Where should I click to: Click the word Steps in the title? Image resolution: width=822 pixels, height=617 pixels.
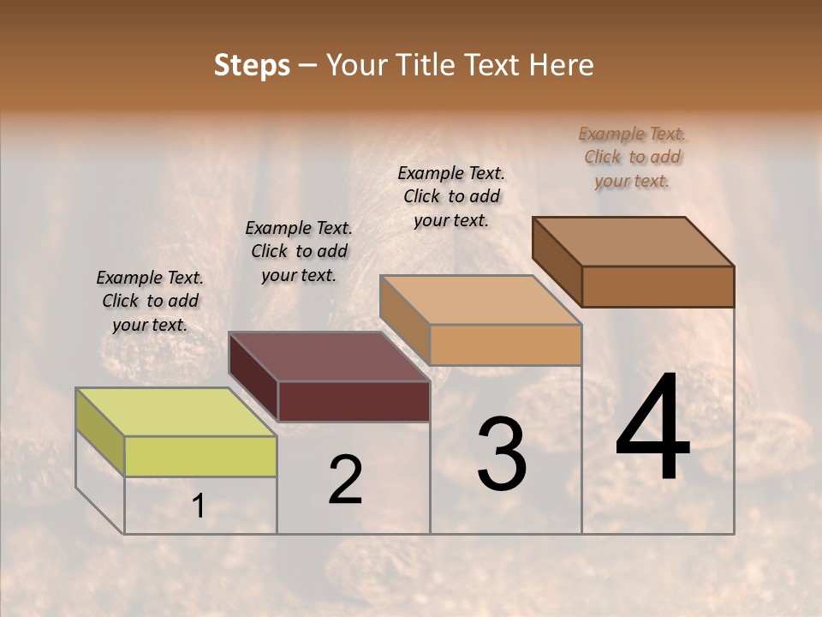coord(251,65)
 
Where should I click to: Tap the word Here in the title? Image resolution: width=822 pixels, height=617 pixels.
coord(562,65)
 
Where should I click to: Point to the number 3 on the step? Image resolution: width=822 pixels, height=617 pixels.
coord(502,454)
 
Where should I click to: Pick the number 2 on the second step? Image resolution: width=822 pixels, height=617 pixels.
coord(345,480)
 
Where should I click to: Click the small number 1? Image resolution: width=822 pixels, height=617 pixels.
coord(199,506)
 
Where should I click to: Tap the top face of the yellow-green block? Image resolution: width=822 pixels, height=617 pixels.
coord(176,412)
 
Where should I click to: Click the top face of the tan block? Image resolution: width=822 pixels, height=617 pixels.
coord(480,300)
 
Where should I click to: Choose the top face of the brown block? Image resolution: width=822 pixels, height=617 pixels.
coord(633,242)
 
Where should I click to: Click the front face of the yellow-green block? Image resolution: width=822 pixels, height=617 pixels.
coord(200,456)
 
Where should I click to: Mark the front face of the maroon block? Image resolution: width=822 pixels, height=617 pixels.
coord(354,401)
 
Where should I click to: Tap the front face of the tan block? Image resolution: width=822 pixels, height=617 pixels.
coord(505,344)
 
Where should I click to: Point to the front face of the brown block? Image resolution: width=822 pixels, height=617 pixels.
coord(658,286)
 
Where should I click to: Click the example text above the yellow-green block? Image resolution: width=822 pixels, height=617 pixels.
coord(150,301)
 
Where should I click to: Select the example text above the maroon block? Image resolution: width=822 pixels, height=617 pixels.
coord(299,251)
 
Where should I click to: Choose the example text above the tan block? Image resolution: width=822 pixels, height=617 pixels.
coord(451,196)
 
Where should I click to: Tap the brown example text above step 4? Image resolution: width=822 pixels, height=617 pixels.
coord(632,157)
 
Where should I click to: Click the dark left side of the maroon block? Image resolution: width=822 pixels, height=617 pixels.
coord(253,377)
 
